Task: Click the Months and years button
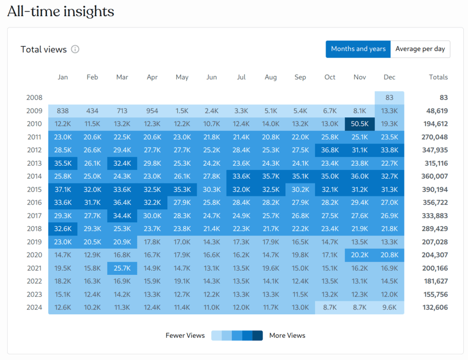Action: point(358,49)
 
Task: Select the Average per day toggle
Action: point(420,49)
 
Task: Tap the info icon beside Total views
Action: point(75,49)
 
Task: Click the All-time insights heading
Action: point(60,11)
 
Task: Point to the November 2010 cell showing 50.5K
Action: point(360,124)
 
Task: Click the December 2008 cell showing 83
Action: point(389,97)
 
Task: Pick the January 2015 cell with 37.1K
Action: point(63,189)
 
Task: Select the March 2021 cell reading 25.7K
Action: point(122,268)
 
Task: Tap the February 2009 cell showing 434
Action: point(93,111)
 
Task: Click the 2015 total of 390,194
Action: point(434,189)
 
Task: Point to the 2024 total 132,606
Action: point(434,307)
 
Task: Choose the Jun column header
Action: point(212,77)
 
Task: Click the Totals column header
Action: point(438,77)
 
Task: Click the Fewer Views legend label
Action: point(185,335)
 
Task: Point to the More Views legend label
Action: point(287,335)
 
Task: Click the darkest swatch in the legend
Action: point(257,335)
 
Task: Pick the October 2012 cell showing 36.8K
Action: point(330,150)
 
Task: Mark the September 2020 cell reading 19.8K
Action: point(300,255)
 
